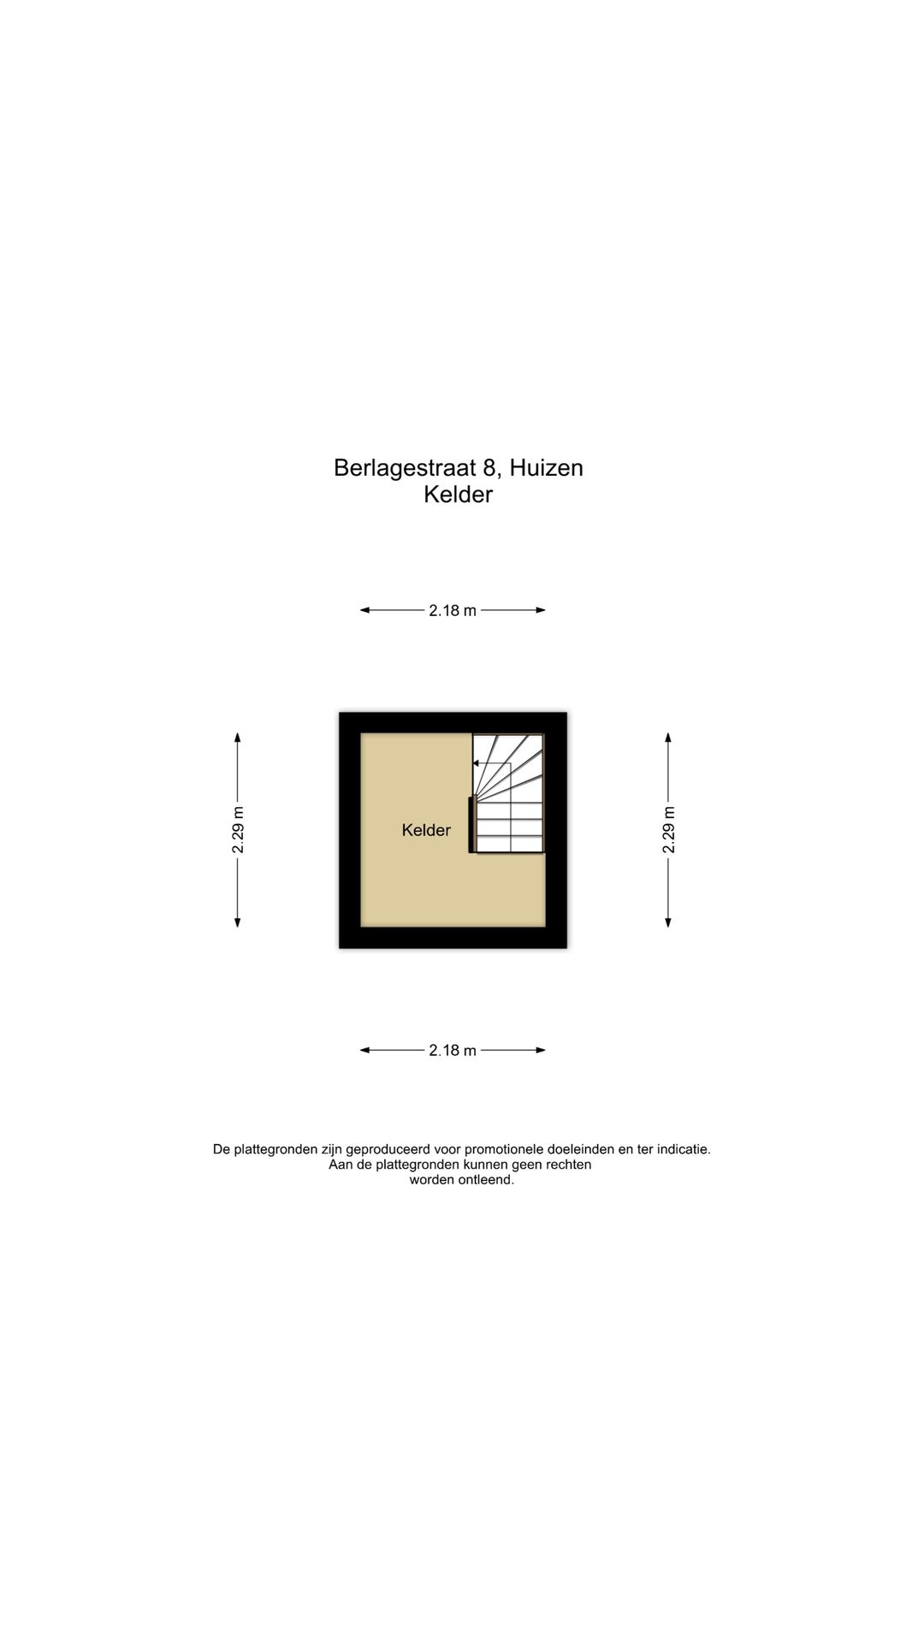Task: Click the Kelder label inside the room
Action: click(x=426, y=830)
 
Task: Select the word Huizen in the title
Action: click(x=546, y=467)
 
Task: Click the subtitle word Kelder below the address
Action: click(x=459, y=495)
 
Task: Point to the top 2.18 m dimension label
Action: click(x=453, y=611)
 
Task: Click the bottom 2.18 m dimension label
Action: click(x=453, y=1051)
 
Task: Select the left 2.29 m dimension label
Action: click(x=238, y=830)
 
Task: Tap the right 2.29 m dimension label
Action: click(x=668, y=830)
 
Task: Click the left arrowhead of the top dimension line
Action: click(x=364, y=610)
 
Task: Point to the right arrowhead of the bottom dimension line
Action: click(x=541, y=1050)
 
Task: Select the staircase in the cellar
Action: click(x=509, y=793)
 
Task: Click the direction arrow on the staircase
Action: click(x=492, y=764)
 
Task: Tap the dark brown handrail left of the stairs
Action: click(x=471, y=825)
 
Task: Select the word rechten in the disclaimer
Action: click(x=569, y=1165)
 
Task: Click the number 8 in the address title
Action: click(x=489, y=467)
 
